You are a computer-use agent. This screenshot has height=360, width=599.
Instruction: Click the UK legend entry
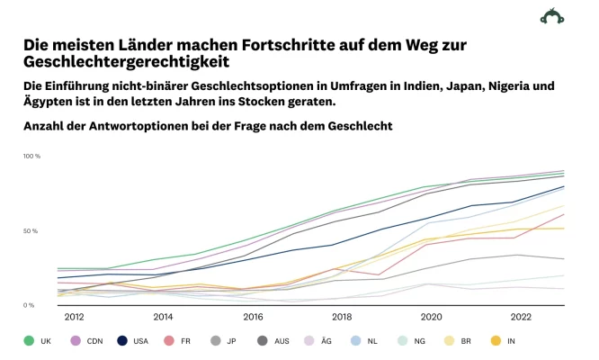click(38, 341)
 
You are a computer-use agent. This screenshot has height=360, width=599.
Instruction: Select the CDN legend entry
click(87, 341)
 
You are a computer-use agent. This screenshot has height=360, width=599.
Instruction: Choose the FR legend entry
click(183, 341)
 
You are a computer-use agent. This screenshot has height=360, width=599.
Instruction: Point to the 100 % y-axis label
click(31, 157)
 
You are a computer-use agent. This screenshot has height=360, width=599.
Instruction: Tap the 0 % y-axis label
click(30, 306)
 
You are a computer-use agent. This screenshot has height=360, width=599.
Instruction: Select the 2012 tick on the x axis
click(74, 317)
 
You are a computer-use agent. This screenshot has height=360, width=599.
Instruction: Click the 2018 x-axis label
click(342, 317)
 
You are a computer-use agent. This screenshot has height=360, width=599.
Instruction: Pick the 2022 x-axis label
click(521, 317)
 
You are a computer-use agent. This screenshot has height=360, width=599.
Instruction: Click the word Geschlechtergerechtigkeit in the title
click(126, 62)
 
